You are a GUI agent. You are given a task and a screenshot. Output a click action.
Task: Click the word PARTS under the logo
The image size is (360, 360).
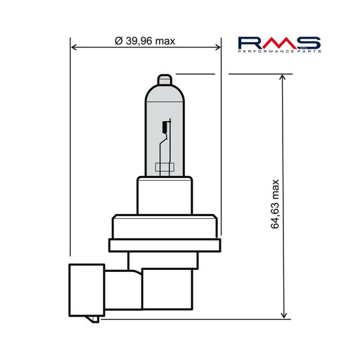(x=311, y=52)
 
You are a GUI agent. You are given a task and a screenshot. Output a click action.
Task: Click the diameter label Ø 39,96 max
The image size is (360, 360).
(x=145, y=41)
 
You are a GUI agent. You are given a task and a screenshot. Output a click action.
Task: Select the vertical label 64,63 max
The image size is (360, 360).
(x=275, y=204)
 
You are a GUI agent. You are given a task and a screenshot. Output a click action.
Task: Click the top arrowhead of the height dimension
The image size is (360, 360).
(x=285, y=77)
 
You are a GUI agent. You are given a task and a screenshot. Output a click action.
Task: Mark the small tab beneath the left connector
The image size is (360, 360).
(x=94, y=317)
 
